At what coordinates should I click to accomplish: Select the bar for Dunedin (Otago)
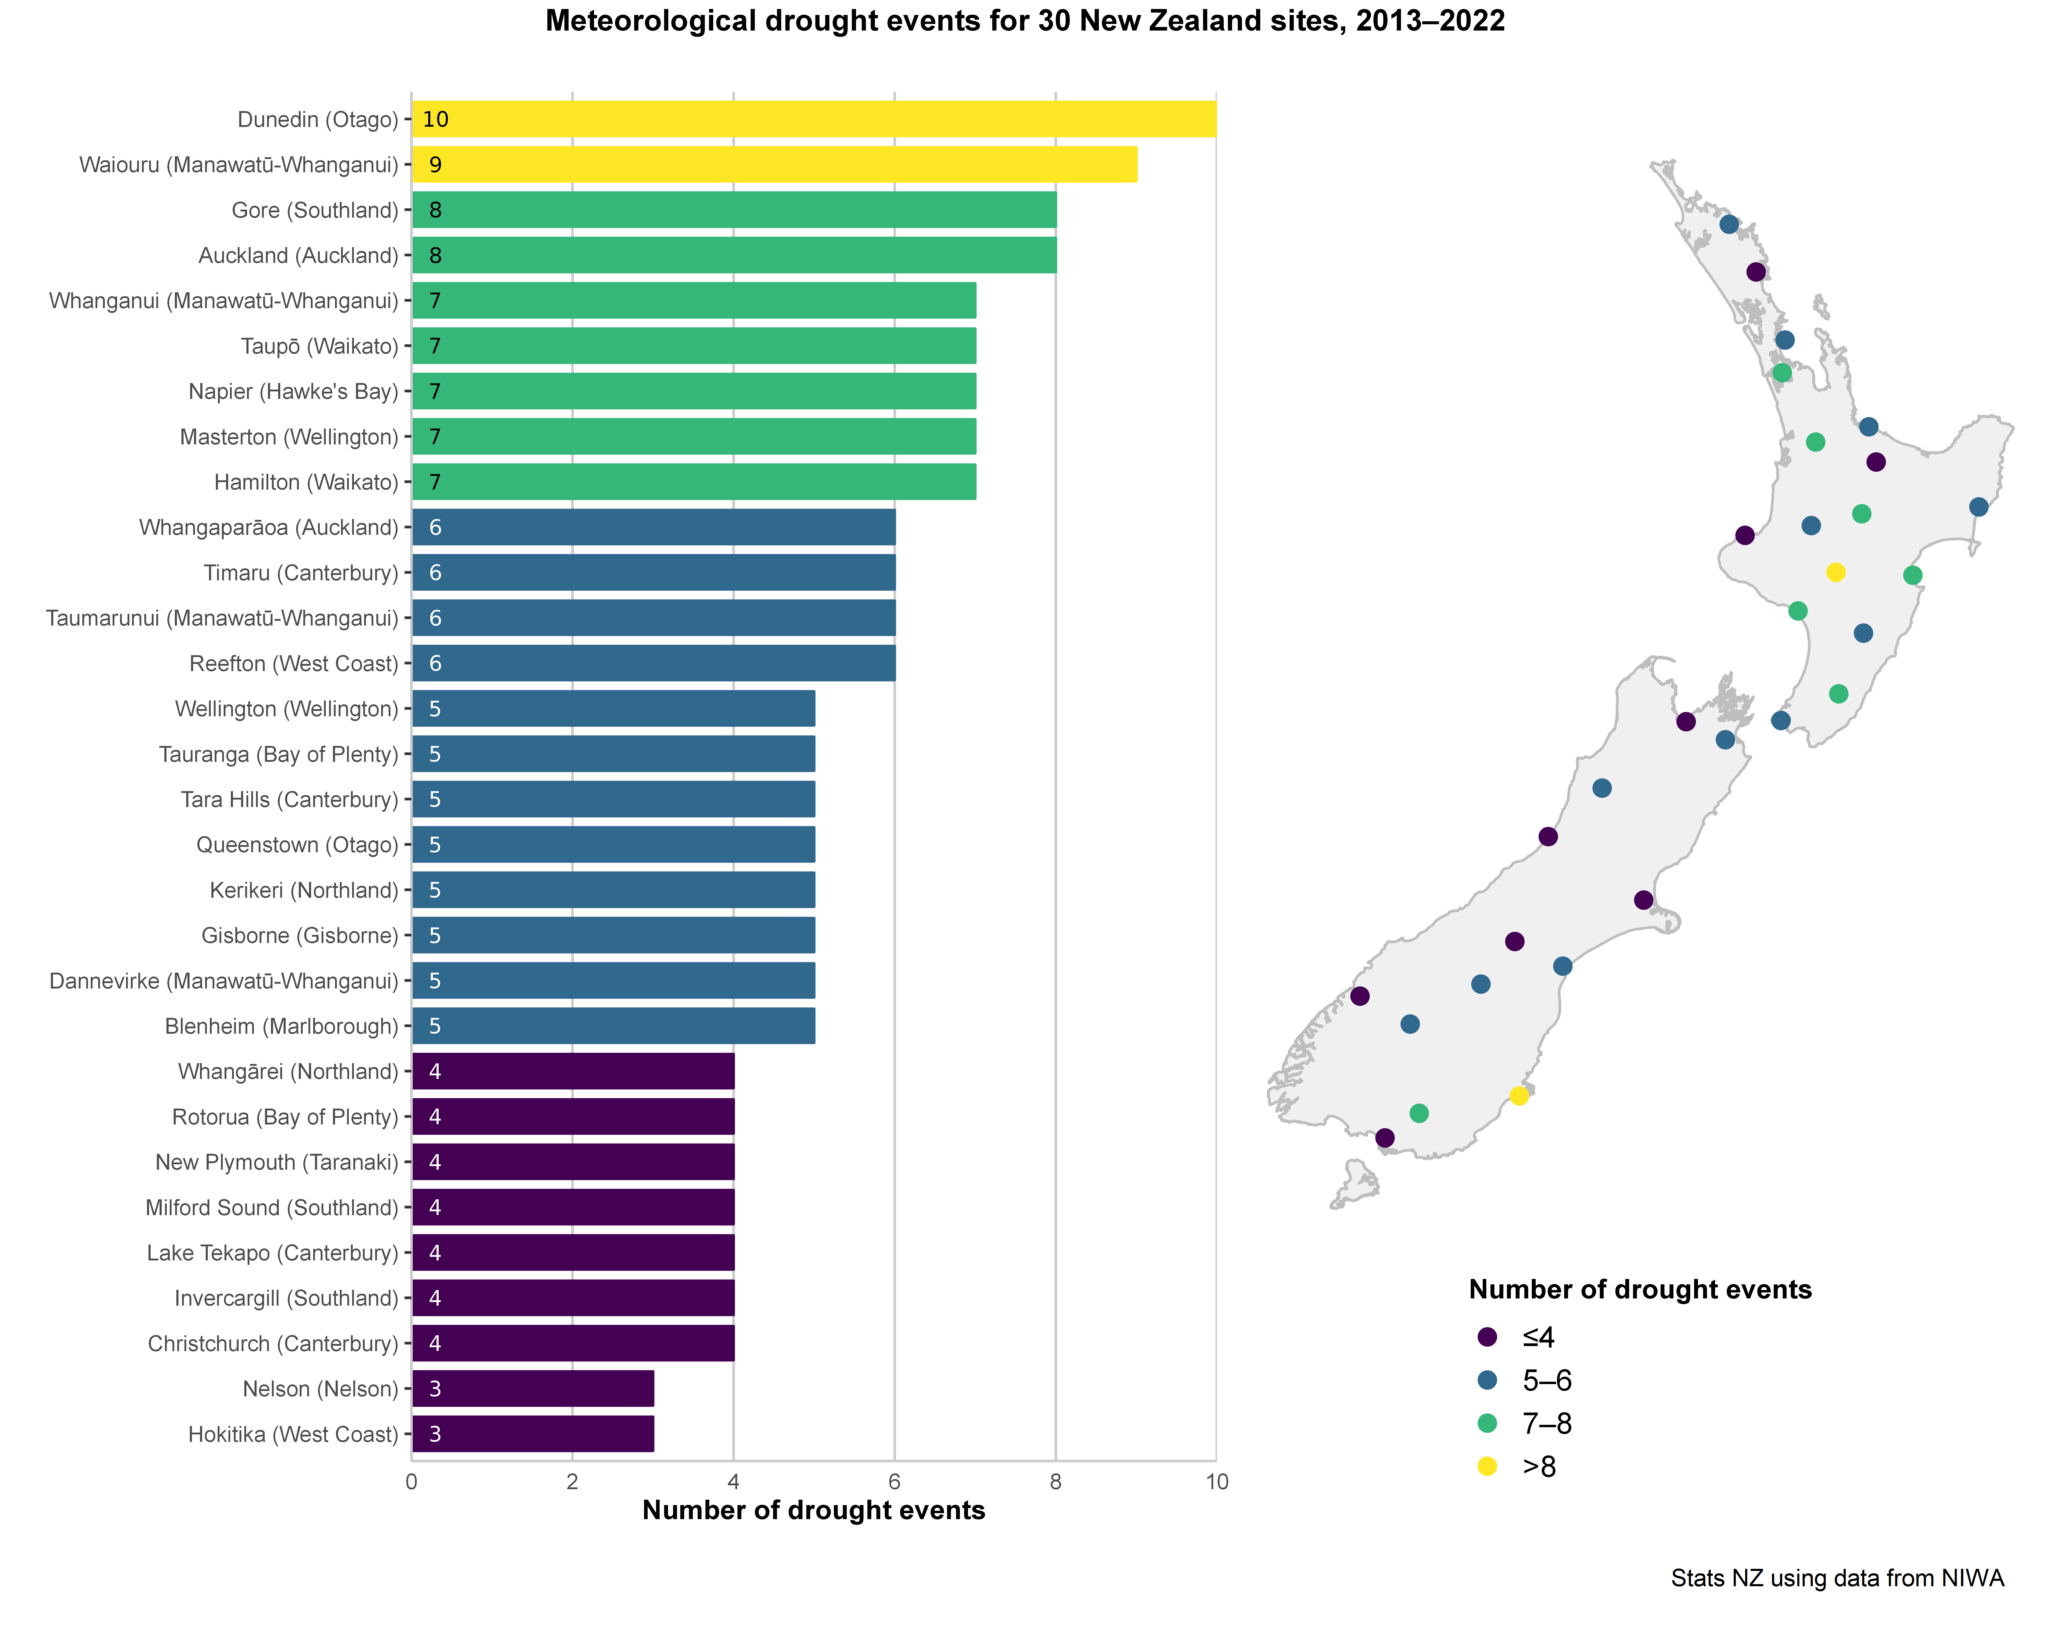click(x=813, y=119)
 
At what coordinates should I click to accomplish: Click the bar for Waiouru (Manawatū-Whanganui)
click(x=774, y=165)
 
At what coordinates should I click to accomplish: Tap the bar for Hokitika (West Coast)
click(x=533, y=1434)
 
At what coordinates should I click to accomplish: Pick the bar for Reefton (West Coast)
click(x=654, y=663)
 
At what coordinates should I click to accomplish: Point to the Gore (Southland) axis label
click(x=315, y=210)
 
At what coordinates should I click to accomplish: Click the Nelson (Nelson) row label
click(x=321, y=1389)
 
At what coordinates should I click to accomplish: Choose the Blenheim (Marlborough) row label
click(x=281, y=1027)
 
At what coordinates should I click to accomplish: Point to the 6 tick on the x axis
click(x=894, y=1481)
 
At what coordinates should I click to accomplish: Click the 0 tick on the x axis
click(x=411, y=1481)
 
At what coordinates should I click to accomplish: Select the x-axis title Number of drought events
click(x=813, y=1511)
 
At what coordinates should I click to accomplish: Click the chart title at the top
click(x=1025, y=21)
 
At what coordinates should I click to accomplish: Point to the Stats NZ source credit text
click(x=1837, y=1578)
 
